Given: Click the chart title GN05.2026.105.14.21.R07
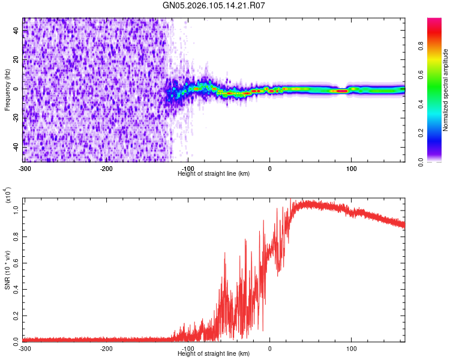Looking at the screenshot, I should click(x=214, y=5).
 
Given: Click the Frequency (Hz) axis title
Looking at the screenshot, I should click(x=7, y=89).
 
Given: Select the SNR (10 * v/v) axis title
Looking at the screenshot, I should click(x=7, y=266).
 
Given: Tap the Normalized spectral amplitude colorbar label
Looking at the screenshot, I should click(x=446, y=90).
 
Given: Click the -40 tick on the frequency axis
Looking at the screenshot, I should click(x=15, y=147).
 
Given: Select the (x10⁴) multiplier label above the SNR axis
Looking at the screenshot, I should click(x=7, y=196).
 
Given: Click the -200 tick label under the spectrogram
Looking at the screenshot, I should click(x=107, y=169).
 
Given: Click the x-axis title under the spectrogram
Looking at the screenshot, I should click(x=214, y=173).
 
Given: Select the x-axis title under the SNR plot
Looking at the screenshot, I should click(x=214, y=353).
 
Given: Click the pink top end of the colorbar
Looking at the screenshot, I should click(x=434, y=21).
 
